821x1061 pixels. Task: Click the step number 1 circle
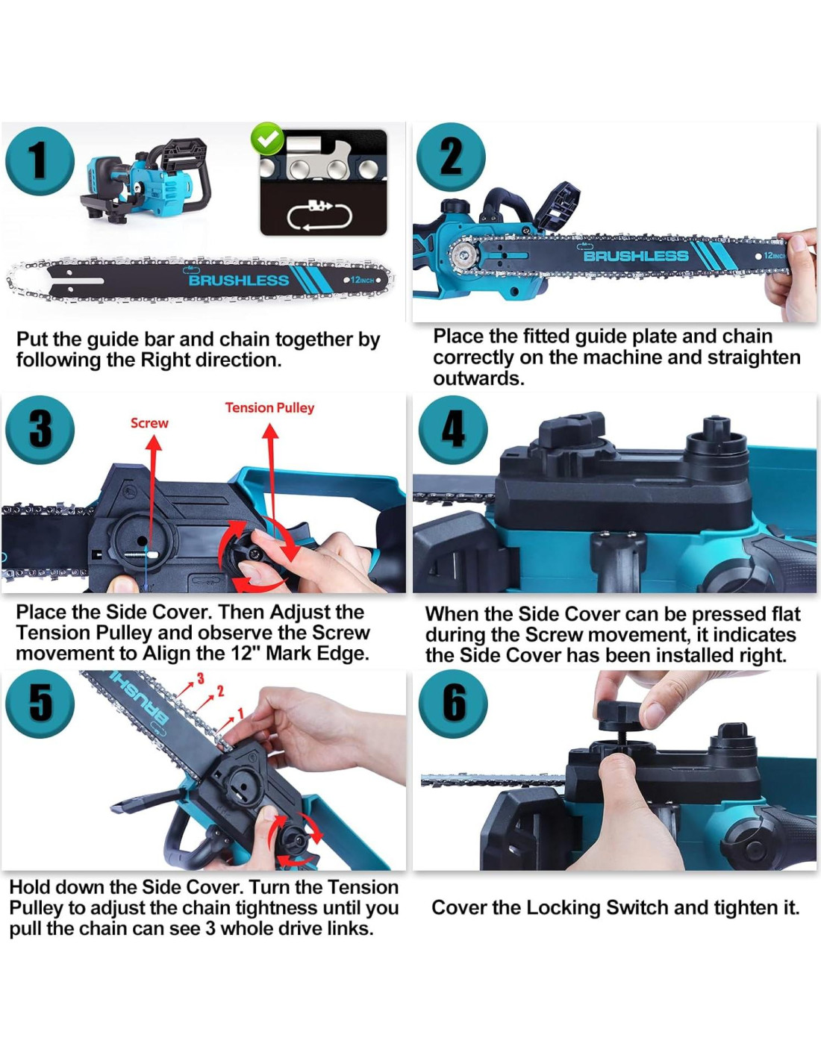(40, 161)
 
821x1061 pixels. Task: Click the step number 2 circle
(451, 157)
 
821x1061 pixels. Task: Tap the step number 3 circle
(40, 430)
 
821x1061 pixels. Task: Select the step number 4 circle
(453, 430)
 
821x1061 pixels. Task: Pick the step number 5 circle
(40, 704)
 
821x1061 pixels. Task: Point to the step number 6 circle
(453, 704)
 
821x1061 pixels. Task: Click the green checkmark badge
(266, 139)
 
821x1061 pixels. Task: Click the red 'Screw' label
(149, 423)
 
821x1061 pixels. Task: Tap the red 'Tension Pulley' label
(269, 407)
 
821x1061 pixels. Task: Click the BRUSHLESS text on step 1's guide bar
(239, 281)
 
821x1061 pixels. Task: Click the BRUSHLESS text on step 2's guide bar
(636, 255)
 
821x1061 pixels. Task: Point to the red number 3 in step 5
(200, 678)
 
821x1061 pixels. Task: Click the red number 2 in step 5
(221, 691)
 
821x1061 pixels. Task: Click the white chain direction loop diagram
(320, 216)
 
